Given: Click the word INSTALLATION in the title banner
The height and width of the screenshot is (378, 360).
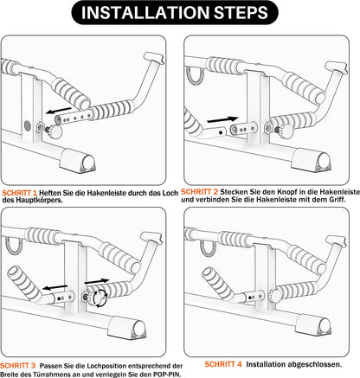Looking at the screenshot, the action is coord(145,13).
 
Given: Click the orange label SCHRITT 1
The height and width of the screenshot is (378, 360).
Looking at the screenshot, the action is coord(20,193).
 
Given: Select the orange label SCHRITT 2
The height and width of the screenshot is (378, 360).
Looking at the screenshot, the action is coord(199,192).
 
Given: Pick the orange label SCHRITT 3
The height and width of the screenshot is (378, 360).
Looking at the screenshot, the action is coord(18,366).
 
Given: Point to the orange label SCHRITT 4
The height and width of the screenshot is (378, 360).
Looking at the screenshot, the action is coord(223,364).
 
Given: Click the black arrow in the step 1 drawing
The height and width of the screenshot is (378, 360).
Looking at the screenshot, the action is coord(59,111).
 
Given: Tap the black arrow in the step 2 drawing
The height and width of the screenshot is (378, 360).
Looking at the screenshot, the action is coord(222,119).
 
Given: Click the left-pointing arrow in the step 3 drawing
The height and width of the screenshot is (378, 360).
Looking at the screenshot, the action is coord(55,287).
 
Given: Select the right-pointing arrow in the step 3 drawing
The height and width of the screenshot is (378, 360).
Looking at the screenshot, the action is coord(97,281).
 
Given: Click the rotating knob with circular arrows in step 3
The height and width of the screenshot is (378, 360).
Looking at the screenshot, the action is coord(100,298).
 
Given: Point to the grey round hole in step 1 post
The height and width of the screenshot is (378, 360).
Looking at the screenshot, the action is coord(28,125).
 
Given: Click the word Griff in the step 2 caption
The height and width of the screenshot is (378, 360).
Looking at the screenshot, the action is coord(337,199).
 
